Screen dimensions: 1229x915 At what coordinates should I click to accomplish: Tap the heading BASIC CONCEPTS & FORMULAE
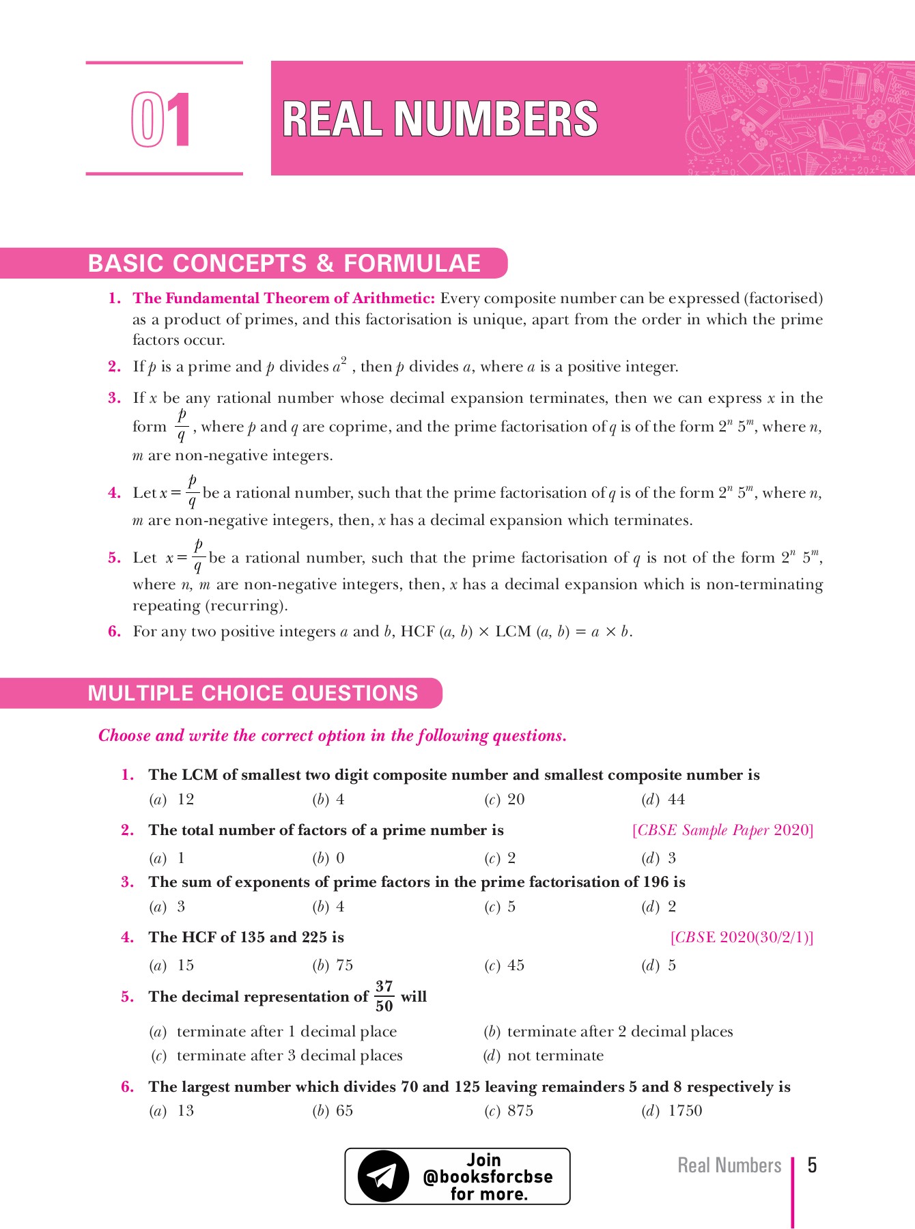284,264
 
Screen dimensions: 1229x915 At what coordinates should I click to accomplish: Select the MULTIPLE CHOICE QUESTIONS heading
253,693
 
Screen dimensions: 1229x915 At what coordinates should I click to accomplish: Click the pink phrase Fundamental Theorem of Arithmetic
283,298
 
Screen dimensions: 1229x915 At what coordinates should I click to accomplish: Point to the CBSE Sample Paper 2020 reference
722,830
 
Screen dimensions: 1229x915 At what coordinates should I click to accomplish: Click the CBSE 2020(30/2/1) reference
742,937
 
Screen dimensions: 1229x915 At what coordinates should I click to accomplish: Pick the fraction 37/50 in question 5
384,996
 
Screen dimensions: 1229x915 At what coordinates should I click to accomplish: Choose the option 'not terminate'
555,1056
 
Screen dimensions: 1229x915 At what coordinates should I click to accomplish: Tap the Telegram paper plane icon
383,1176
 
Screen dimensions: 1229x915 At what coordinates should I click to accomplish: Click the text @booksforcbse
488,1176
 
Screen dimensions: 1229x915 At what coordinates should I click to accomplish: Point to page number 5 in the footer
812,1165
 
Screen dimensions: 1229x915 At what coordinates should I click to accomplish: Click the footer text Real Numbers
729,1166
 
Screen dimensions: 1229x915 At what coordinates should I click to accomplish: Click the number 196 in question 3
656,882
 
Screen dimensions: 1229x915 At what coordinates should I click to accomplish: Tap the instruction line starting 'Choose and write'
333,735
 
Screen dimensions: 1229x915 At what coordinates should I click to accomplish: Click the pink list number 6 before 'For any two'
114,632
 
